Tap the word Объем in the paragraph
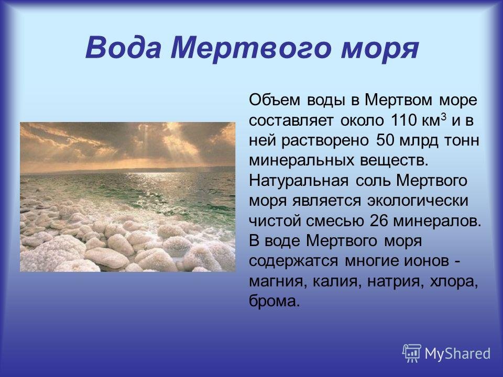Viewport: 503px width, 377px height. point(275,100)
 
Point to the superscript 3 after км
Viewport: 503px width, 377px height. point(444,117)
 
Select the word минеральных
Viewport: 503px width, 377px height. point(302,161)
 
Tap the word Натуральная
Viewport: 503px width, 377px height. point(299,181)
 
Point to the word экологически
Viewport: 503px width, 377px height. point(418,201)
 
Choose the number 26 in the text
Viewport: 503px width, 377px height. point(378,221)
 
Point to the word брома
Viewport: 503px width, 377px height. point(274,302)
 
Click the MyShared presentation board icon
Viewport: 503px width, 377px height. point(412,353)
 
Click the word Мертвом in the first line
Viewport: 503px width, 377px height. point(398,100)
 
